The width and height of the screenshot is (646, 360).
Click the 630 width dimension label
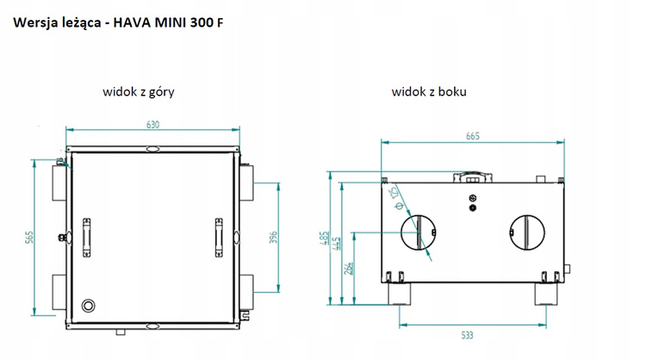click(152, 125)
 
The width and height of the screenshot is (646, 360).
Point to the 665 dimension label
click(473, 135)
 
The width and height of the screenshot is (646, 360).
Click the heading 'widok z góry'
click(139, 91)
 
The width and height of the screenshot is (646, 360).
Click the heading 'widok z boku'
click(429, 91)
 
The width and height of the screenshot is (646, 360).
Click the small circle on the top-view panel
click(88, 306)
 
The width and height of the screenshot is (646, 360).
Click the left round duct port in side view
click(420, 233)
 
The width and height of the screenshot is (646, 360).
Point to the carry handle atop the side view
click(473, 178)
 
